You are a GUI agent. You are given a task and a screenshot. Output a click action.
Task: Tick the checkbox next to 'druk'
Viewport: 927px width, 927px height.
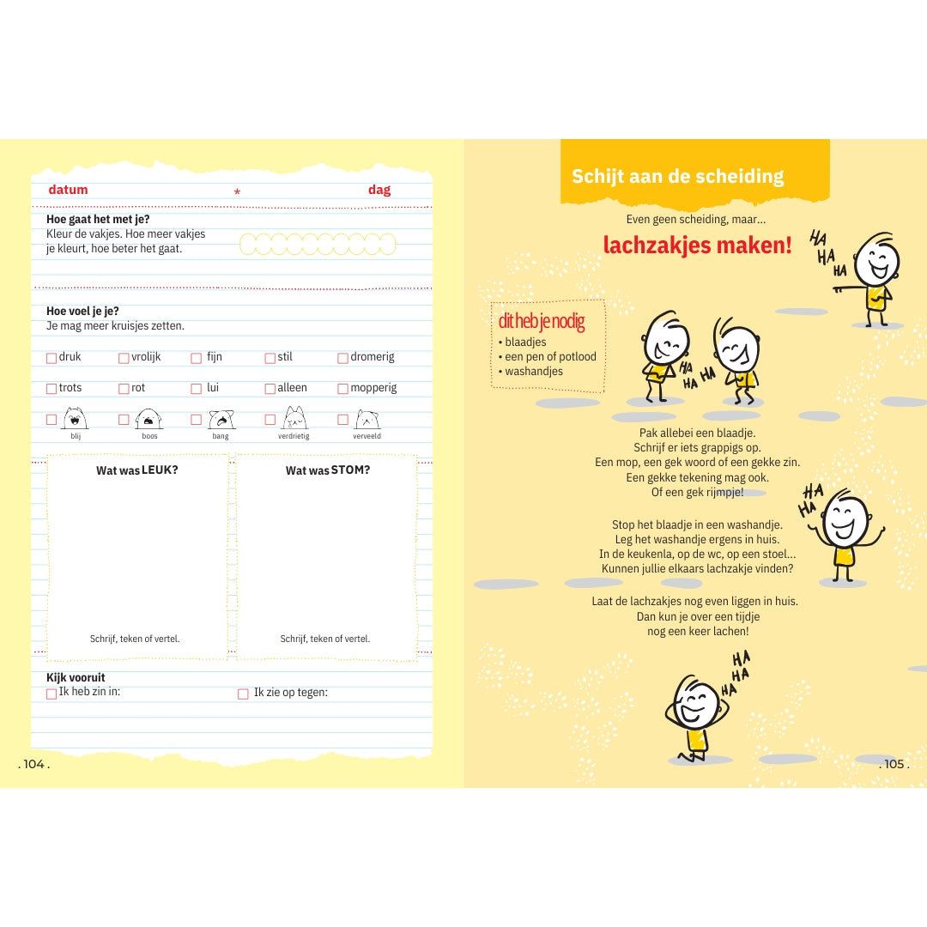(x=51, y=358)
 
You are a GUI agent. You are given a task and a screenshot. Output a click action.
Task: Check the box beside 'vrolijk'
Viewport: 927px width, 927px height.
(x=124, y=358)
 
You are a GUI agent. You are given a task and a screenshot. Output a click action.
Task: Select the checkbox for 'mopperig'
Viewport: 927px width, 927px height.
(x=343, y=389)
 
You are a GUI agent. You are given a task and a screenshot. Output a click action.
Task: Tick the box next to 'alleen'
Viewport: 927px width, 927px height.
(x=270, y=389)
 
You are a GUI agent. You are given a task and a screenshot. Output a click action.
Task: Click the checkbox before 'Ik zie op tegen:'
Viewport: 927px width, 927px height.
(x=243, y=694)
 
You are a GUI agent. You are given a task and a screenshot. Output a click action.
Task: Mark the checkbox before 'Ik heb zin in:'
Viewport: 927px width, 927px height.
(x=51, y=694)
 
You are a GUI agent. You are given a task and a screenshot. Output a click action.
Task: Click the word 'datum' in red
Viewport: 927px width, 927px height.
(x=68, y=190)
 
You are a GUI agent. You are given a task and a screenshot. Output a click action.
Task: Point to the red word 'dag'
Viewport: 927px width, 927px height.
(x=379, y=190)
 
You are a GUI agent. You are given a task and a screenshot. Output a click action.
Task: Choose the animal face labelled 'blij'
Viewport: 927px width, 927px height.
(x=76, y=418)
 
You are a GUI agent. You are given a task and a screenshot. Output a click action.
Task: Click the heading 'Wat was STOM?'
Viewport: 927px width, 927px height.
(x=328, y=470)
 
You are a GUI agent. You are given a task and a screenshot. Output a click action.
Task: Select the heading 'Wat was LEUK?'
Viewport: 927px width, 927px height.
(x=137, y=470)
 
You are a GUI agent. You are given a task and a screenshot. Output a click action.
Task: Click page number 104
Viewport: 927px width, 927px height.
(x=34, y=764)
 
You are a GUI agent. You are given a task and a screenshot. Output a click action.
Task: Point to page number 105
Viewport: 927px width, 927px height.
(x=894, y=764)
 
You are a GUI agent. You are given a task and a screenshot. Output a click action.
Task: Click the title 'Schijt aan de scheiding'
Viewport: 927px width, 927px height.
(x=678, y=177)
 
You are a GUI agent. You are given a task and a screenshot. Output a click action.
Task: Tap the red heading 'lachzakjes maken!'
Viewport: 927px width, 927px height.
(x=697, y=245)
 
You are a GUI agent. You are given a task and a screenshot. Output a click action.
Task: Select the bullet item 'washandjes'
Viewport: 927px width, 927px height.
(x=534, y=372)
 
